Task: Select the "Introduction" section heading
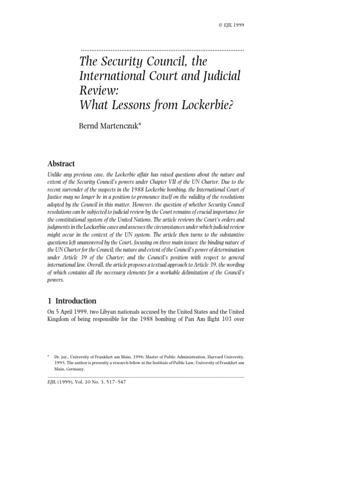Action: tap(76, 301)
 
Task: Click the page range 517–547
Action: tap(114, 382)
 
